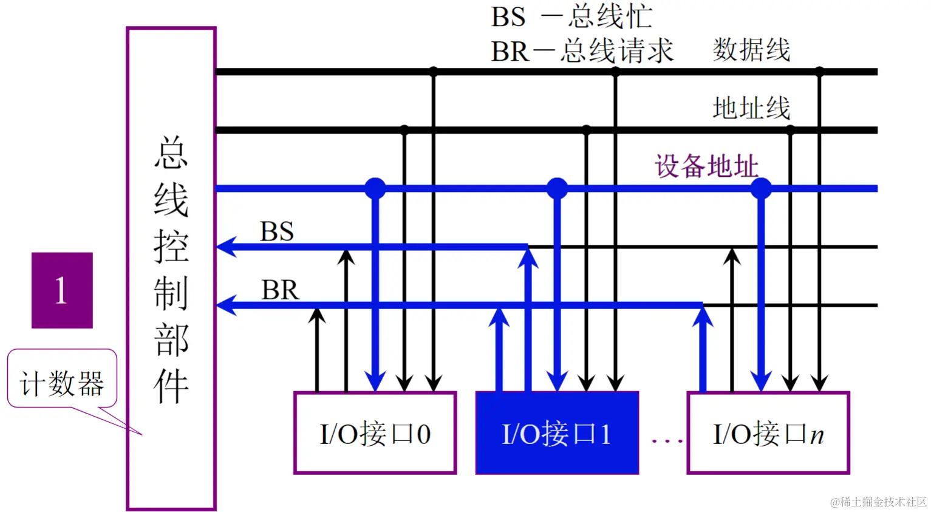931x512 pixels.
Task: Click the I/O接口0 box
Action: (x=375, y=433)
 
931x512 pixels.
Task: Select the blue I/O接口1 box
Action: (x=557, y=433)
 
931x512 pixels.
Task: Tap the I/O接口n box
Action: (x=768, y=433)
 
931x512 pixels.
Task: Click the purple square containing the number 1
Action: (x=62, y=290)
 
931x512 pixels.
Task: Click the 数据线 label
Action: (x=751, y=50)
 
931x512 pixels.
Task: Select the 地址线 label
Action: (x=751, y=108)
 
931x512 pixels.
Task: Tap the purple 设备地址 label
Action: (x=706, y=166)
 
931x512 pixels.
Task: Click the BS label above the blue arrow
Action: (x=277, y=231)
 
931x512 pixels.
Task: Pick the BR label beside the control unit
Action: (x=280, y=290)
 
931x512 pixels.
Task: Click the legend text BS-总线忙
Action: (x=571, y=16)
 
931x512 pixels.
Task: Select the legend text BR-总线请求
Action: (x=582, y=51)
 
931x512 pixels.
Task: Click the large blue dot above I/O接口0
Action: (x=375, y=188)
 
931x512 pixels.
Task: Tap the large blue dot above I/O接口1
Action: (x=557, y=188)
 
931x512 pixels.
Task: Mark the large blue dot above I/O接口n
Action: (x=761, y=188)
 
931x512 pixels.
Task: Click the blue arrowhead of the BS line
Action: (x=225, y=247)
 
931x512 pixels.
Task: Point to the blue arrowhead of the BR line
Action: (x=225, y=304)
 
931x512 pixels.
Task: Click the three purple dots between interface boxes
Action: (x=667, y=440)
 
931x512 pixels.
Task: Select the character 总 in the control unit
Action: (x=171, y=152)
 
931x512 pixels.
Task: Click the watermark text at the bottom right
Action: (x=878, y=502)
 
